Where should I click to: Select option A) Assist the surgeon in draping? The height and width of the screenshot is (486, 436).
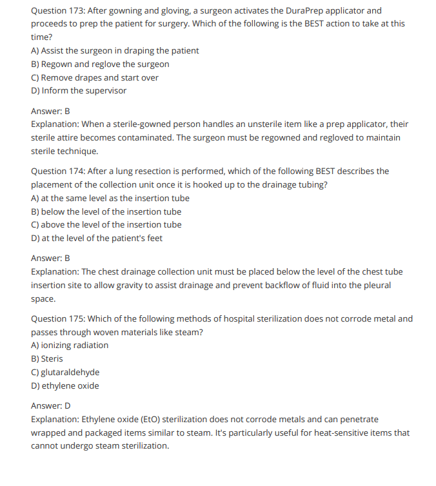[x=115, y=50]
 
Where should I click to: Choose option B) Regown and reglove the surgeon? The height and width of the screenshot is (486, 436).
[x=100, y=64]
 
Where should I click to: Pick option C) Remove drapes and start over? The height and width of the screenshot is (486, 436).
[x=95, y=77]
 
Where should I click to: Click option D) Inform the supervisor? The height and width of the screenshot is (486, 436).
[x=79, y=90]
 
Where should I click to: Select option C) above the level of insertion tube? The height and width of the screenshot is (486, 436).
[x=106, y=224]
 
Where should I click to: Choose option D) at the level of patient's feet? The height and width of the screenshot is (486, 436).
[x=97, y=238]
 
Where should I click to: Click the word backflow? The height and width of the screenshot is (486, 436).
[x=289, y=285]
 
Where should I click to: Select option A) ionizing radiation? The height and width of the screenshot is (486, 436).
[x=70, y=345]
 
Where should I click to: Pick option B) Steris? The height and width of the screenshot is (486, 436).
[x=47, y=358]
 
